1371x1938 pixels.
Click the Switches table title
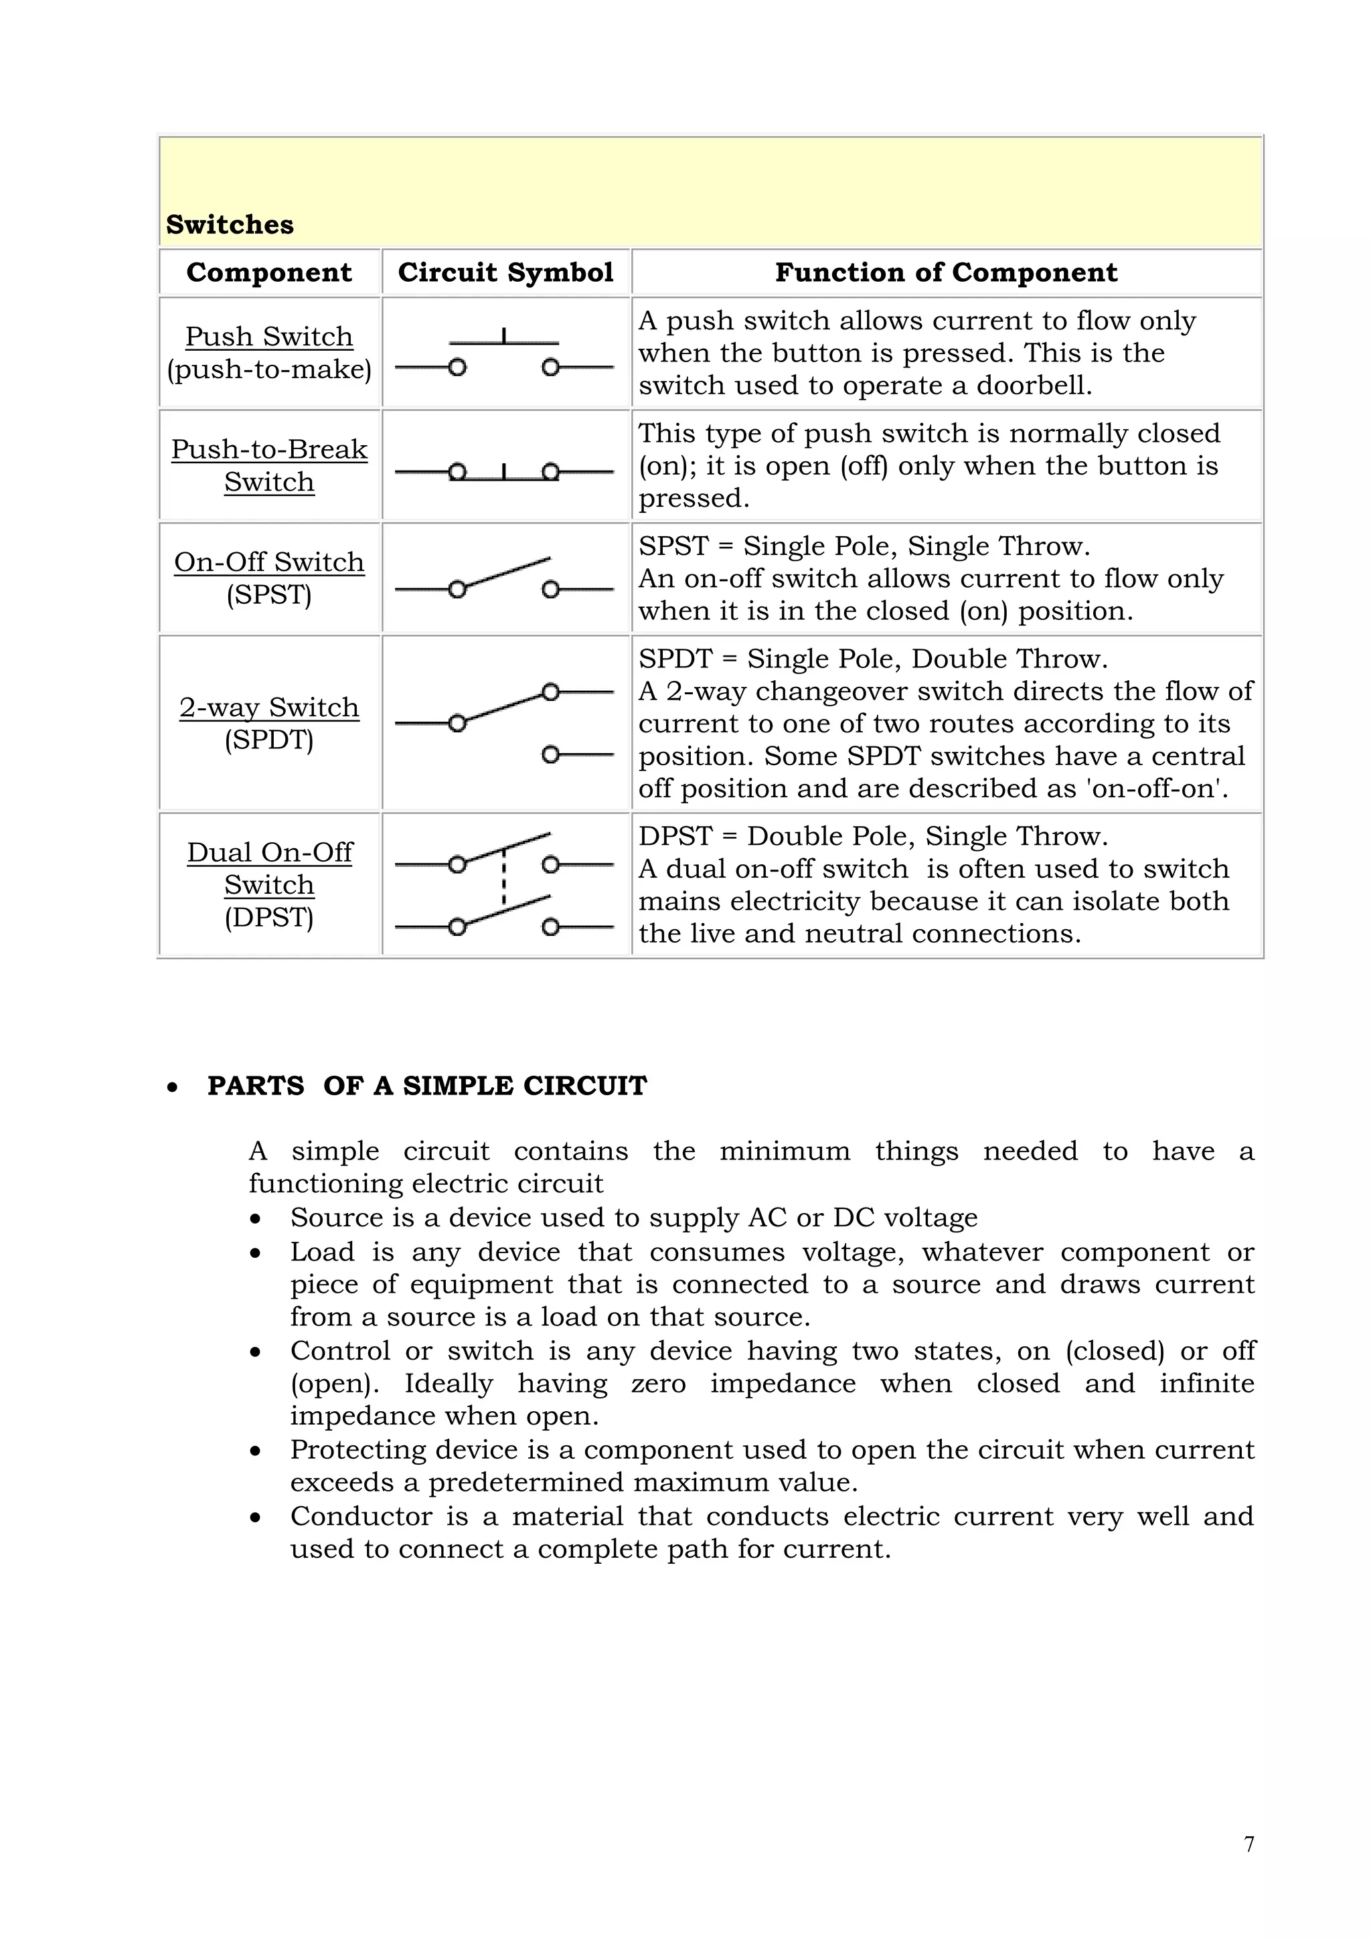(x=230, y=224)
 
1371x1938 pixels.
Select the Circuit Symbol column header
(x=505, y=272)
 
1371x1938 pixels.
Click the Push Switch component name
(x=268, y=336)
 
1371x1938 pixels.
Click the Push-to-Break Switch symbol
(x=504, y=472)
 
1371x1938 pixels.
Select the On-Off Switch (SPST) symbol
(x=504, y=579)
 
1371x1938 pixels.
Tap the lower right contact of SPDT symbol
(x=550, y=754)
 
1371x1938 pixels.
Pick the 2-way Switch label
(x=268, y=708)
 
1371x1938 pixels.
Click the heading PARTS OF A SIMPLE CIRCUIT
(x=426, y=1086)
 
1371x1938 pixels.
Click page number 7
(x=1249, y=1844)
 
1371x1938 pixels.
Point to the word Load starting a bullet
(x=321, y=1252)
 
